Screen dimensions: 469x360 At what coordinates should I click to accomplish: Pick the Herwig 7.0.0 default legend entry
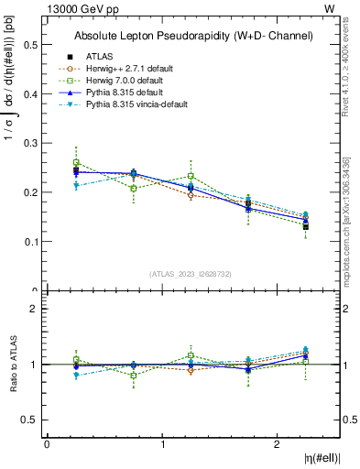click(125, 81)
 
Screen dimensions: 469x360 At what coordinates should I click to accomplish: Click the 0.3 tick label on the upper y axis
click(29, 143)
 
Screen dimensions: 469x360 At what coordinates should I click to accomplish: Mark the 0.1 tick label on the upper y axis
click(29, 242)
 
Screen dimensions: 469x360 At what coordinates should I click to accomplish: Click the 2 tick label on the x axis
click(278, 443)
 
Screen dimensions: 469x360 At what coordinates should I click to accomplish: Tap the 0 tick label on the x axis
click(47, 443)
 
